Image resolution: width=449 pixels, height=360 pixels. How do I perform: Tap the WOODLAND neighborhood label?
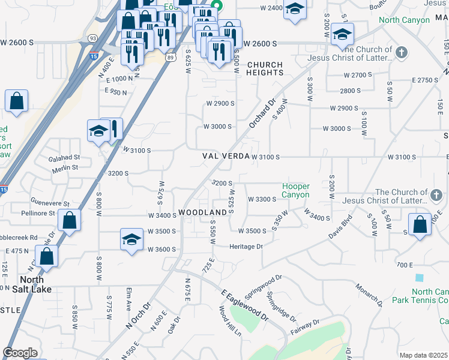(203, 213)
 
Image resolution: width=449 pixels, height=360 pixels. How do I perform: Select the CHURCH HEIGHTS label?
(265, 68)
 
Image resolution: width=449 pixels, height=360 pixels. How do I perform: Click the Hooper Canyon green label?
(296, 191)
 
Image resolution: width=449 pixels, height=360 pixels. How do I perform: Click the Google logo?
(20, 353)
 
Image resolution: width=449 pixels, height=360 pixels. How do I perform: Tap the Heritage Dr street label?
(246, 247)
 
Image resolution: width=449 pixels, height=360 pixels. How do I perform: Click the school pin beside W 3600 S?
(131, 240)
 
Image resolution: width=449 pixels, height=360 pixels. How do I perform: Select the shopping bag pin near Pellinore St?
(70, 220)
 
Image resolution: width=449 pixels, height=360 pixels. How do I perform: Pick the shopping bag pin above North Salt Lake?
(46, 256)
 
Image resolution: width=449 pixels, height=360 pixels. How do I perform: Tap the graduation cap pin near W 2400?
(294, 10)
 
